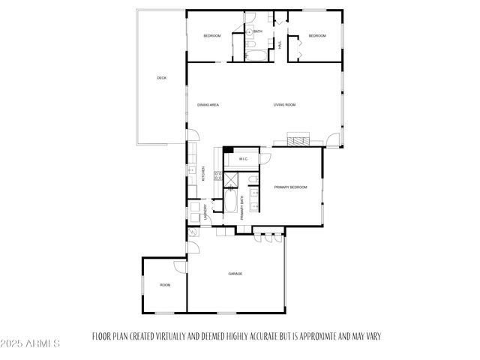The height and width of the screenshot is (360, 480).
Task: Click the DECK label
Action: (x=161, y=78)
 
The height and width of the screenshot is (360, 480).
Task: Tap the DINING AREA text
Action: (x=208, y=104)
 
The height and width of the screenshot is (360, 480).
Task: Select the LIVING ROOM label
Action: (x=284, y=104)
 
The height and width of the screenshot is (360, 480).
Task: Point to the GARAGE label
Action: (x=235, y=274)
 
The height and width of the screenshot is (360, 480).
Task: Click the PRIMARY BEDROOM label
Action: (x=290, y=187)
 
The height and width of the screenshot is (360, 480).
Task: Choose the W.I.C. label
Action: (x=244, y=159)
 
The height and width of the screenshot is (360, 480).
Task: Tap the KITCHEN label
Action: (x=203, y=174)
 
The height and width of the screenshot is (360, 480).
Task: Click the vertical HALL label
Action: (x=280, y=45)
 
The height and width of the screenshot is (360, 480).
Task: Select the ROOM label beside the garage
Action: (x=164, y=285)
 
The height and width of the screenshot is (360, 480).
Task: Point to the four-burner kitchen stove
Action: (x=219, y=177)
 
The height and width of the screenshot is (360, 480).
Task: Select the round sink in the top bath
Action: (x=250, y=33)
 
